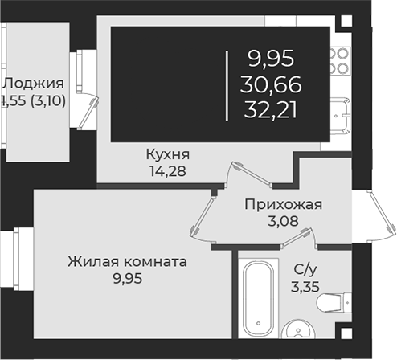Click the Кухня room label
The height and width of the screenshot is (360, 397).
pos(168,154)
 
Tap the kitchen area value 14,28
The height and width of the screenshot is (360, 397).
pos(168,171)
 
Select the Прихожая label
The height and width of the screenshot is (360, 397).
pos(283,205)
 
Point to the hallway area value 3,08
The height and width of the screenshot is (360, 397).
pos(283,221)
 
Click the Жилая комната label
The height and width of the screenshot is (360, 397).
pos(127,262)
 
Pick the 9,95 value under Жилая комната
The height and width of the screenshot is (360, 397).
pos(128,279)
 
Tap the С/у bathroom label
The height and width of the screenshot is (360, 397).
pos(305,270)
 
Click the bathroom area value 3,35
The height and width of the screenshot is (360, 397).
pos(305,287)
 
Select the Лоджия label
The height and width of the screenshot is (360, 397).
pos(33,84)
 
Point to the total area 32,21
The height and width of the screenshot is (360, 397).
pos(271,111)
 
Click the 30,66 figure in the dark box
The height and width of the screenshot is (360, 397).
pos(271,84)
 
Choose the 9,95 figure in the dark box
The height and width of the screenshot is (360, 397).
pos(271,59)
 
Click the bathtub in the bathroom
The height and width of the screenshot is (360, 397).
pos(258,298)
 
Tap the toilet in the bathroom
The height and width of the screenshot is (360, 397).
pos(334,303)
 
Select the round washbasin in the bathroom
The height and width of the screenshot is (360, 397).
pos(299,329)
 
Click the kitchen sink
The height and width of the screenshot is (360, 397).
pos(340,115)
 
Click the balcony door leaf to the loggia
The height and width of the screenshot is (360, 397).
pos(88,113)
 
